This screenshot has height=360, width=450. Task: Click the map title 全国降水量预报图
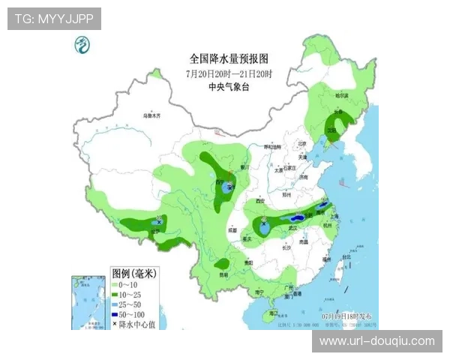click(229, 58)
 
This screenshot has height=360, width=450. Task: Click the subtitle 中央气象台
click(229, 86)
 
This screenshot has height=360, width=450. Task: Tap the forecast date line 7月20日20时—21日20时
click(229, 73)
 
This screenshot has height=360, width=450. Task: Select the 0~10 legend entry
click(125, 286)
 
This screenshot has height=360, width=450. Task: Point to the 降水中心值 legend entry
click(137, 324)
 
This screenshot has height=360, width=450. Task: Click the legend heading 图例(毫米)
click(133, 274)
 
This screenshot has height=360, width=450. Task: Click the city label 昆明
click(223, 275)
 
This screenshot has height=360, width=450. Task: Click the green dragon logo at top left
click(81, 46)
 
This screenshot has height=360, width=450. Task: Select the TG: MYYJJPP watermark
click(54, 19)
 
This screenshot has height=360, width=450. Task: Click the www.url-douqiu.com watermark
click(376, 341)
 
